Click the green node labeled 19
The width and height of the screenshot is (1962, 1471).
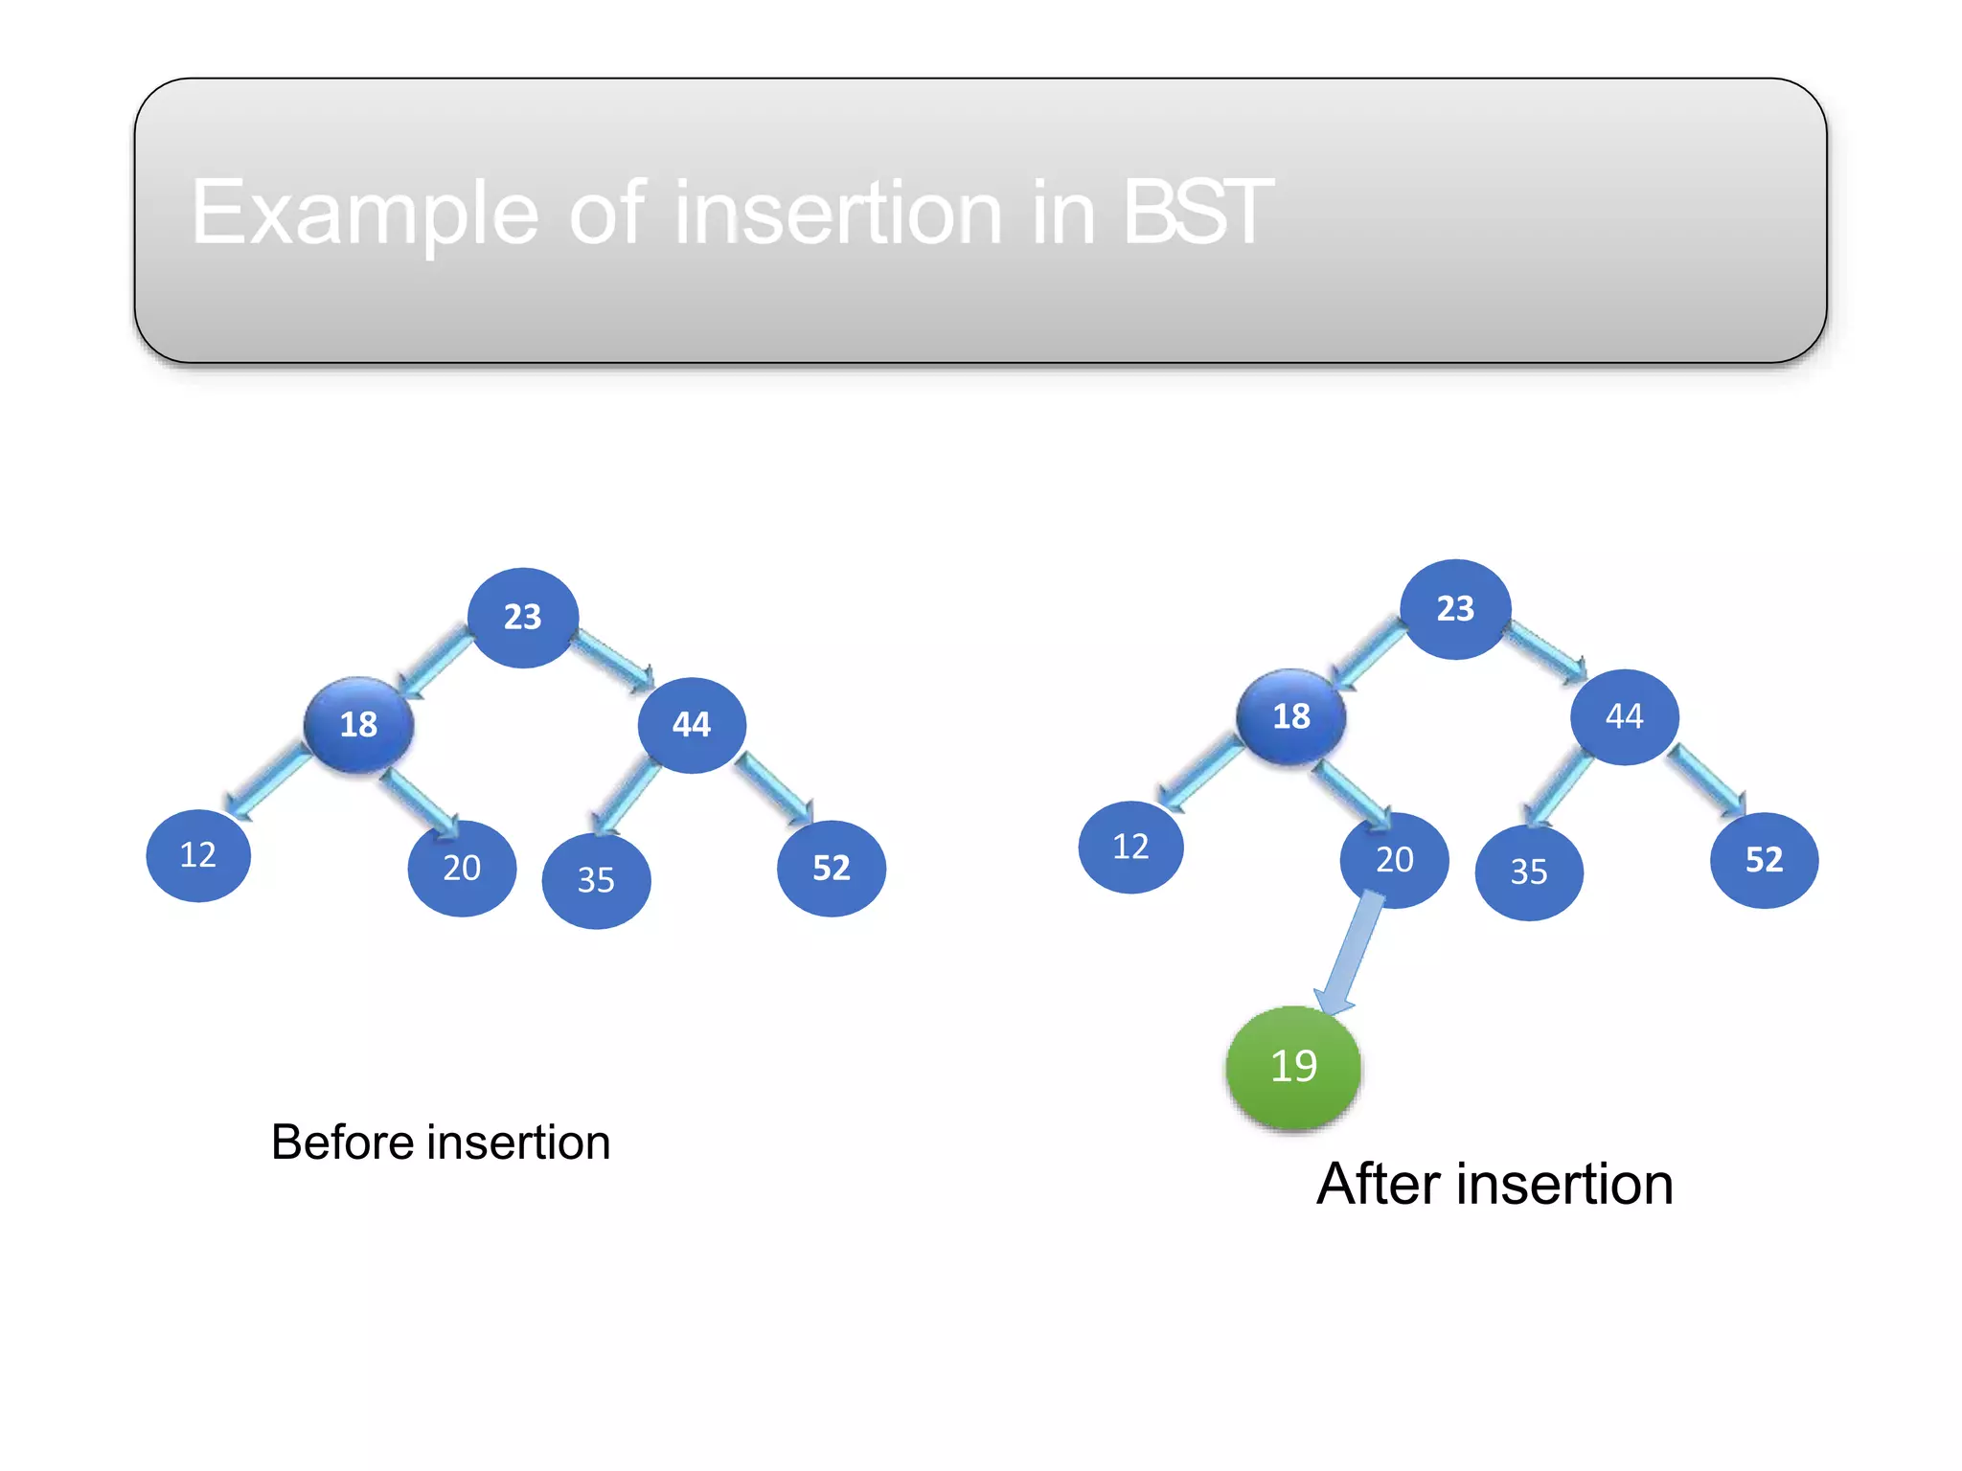1293,1067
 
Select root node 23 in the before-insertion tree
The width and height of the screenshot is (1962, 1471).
523,618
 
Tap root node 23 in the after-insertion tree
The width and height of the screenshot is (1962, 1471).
1455,609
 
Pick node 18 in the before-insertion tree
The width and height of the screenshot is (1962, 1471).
359,724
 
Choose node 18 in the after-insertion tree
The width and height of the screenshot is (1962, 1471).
1291,716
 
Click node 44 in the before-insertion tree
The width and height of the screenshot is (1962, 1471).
692,725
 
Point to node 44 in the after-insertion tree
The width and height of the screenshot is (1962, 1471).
1624,716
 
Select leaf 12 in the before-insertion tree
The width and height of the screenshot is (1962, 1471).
198,855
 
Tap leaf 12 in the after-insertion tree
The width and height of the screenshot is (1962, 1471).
1130,848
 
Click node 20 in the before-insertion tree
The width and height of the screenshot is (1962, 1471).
462,868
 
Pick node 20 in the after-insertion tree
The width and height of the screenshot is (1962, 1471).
1394,860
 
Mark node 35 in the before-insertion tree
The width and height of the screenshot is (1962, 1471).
596,880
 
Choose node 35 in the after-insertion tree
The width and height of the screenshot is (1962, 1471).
1529,872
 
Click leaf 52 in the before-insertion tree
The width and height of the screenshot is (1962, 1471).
832,868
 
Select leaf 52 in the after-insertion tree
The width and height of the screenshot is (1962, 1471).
1764,860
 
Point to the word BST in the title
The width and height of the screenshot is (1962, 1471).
1197,212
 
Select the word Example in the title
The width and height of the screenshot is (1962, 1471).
365,214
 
